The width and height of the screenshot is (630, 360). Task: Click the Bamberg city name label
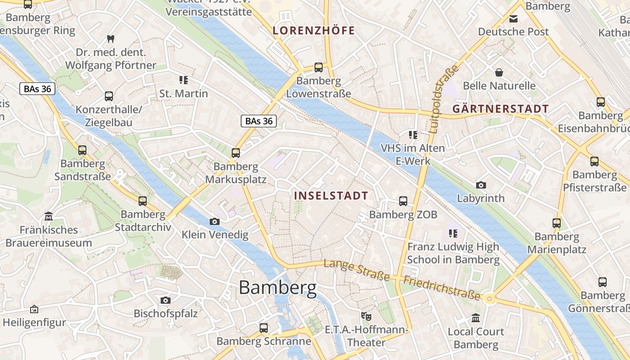point(278,287)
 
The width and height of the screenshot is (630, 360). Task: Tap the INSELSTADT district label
point(331,196)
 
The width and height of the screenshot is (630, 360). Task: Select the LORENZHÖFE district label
point(314,31)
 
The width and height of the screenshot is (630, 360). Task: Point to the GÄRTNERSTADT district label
point(500,109)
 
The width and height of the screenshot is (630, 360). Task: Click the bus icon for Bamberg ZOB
point(403,201)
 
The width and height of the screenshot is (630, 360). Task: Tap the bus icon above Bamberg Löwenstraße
point(319,67)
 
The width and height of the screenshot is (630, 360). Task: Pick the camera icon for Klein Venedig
point(215,221)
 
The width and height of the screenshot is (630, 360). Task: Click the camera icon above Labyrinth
point(481,185)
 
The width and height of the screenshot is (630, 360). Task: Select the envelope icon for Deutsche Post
point(513,19)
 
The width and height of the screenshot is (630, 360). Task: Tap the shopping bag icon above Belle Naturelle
point(499,72)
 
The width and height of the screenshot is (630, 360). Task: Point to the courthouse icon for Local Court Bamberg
point(476,319)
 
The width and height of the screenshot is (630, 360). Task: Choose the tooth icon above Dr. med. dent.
point(110,39)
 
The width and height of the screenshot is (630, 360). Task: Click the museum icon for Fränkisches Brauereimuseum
point(49,216)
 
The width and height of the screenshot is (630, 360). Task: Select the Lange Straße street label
point(356,270)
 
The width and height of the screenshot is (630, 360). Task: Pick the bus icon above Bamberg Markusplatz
point(236,153)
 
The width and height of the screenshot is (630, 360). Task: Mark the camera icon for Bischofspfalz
point(165,300)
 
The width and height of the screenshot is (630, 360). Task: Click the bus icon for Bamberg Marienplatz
point(557,223)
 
